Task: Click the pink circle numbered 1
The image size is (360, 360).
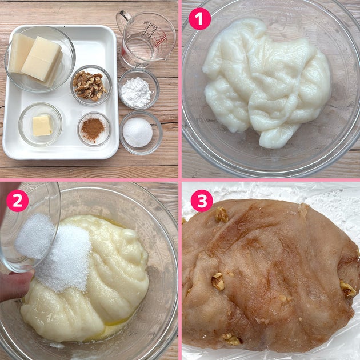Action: point(199,19)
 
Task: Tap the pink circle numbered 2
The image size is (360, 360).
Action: point(18,201)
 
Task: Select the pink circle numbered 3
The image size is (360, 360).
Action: point(202,201)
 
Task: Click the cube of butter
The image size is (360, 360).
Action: point(42,125)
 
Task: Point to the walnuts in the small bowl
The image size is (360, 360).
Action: point(89,86)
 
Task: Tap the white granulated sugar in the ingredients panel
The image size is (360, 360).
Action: point(138,132)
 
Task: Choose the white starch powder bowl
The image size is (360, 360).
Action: point(138,89)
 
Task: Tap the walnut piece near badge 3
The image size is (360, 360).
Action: point(222,215)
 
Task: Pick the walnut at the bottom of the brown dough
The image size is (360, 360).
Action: point(231,339)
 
